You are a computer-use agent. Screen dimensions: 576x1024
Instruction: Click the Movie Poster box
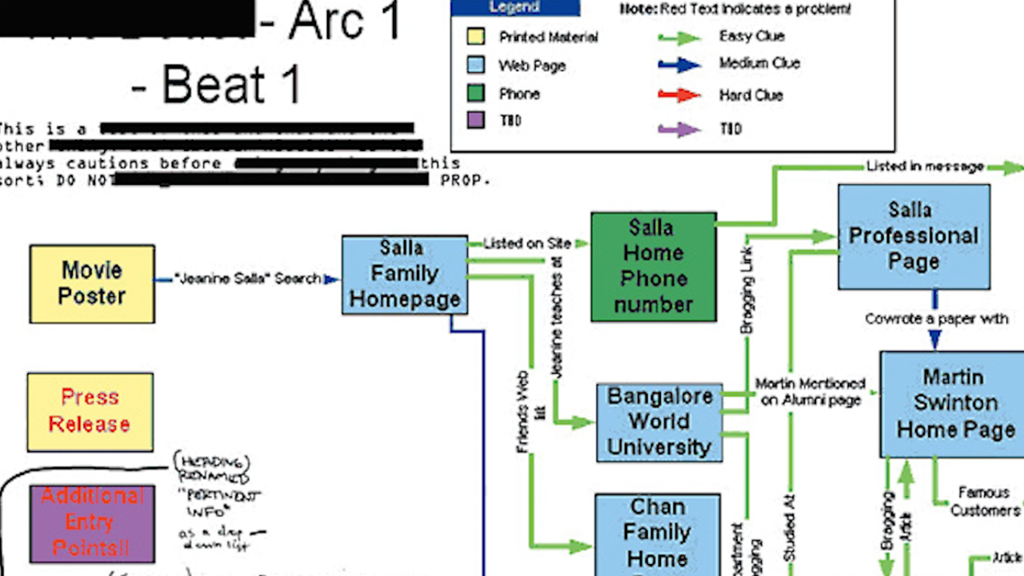coord(92,284)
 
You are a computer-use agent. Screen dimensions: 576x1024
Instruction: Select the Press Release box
coord(90,411)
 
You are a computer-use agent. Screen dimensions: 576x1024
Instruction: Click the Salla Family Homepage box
coord(404,274)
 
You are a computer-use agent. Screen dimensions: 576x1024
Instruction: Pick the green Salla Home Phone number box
coord(653,266)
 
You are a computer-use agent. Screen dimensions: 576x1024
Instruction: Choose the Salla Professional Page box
coord(914,236)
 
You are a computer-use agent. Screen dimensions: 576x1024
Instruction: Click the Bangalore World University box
coord(659,422)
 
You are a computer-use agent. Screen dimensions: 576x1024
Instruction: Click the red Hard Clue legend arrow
coord(679,95)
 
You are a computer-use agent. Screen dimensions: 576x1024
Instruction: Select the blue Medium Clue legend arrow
coord(679,64)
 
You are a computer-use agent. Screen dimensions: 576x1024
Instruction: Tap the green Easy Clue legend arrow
coord(679,37)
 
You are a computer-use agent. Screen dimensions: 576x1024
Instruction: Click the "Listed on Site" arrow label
coord(528,243)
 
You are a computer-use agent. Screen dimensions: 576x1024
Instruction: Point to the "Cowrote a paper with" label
coord(936,318)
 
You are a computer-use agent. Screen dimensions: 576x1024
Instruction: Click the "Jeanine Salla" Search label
coord(249,279)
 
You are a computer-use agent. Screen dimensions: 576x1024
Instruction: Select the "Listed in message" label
coord(924,166)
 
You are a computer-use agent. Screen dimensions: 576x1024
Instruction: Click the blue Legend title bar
coord(515,8)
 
